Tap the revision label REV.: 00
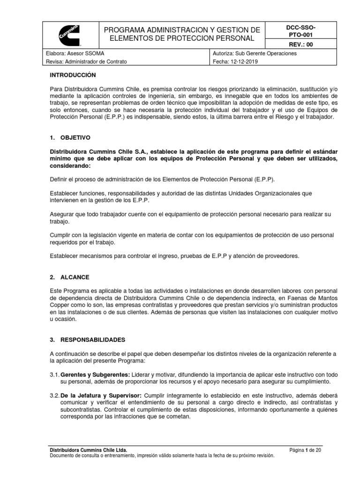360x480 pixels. (294, 44)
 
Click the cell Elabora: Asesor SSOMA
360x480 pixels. (76, 53)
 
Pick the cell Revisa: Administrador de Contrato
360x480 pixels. (87, 61)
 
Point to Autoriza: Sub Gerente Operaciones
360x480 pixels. (254, 53)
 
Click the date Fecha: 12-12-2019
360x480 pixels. (236, 61)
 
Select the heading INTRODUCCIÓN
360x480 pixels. (73, 75)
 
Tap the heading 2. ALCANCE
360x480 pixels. (72, 277)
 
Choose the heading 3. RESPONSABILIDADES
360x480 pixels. (88, 339)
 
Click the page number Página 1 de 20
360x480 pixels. (305, 450)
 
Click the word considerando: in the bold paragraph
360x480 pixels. (71, 166)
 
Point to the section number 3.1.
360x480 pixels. (54, 375)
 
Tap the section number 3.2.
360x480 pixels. (54, 396)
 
